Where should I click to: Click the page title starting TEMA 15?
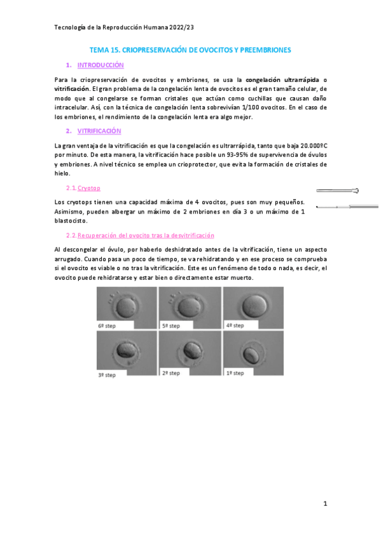pyautogui.click(x=190, y=50)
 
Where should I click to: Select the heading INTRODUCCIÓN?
pyautogui.click(x=100, y=65)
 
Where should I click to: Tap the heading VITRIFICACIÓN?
pyautogui.click(x=99, y=130)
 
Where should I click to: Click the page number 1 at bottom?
pyautogui.click(x=324, y=504)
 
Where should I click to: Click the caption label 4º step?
pyautogui.click(x=236, y=325)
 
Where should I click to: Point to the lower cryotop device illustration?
pyautogui.click(x=347, y=206)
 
